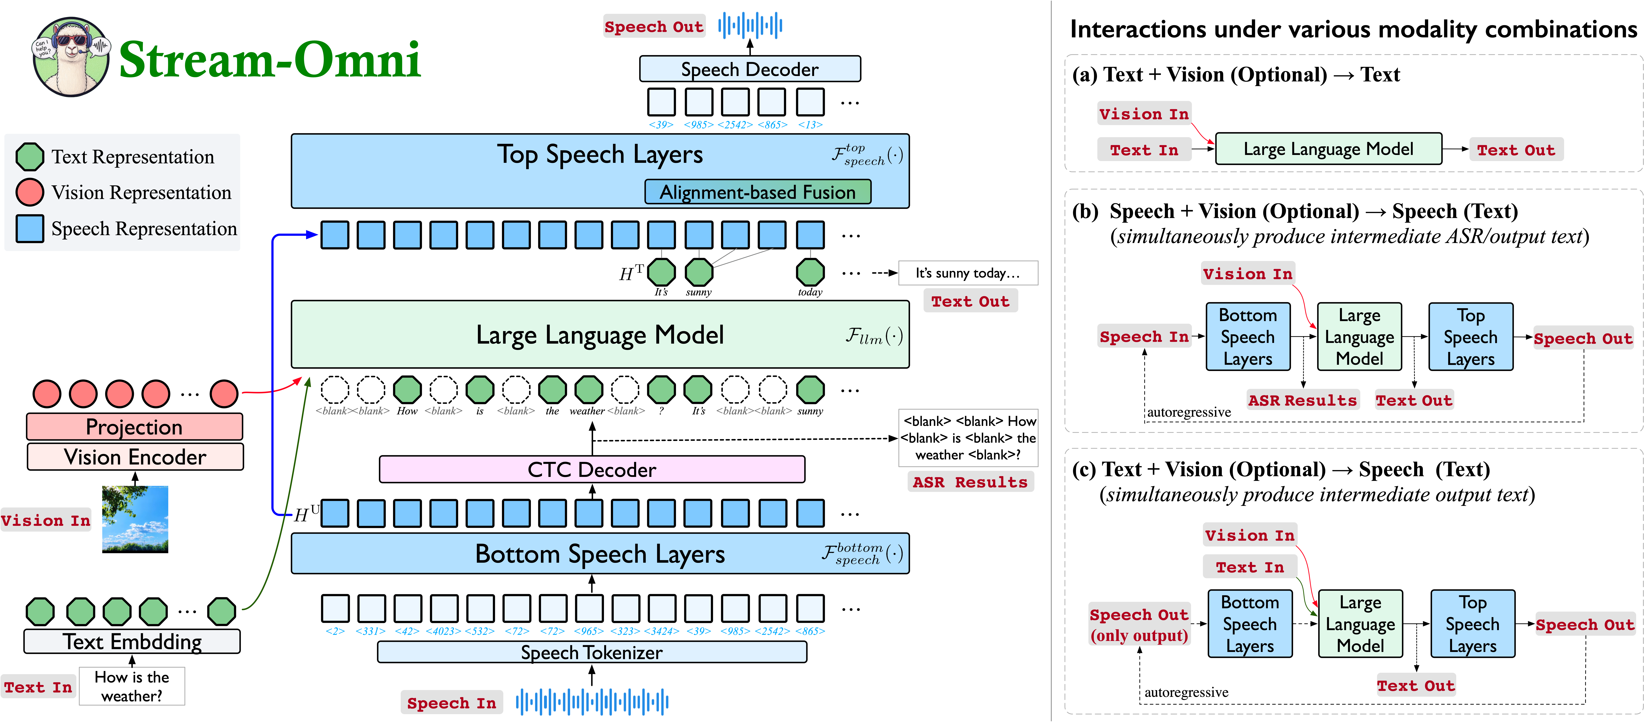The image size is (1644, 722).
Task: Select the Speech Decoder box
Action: click(x=750, y=69)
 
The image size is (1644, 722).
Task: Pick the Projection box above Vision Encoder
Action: click(x=135, y=427)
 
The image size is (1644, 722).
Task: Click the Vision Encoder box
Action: click(x=135, y=457)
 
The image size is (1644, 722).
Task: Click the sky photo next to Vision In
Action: click(x=135, y=519)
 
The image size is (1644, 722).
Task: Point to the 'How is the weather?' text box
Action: click(x=132, y=686)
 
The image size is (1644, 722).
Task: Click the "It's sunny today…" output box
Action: click(x=967, y=273)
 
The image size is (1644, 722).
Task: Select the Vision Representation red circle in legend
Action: click(x=29, y=192)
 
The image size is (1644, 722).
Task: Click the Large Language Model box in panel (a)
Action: click(x=1329, y=149)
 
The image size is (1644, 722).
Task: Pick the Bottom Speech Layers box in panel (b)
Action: click(x=1248, y=337)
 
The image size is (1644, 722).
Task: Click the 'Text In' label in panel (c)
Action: click(x=1250, y=567)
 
